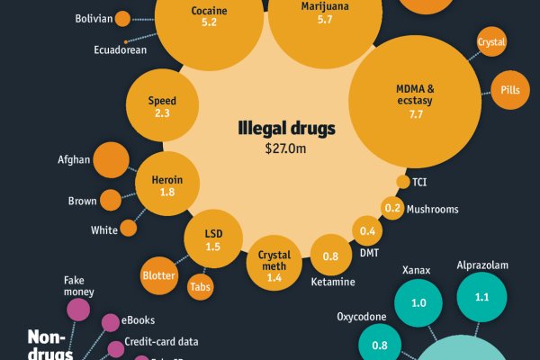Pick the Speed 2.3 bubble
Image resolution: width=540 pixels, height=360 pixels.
(162, 106)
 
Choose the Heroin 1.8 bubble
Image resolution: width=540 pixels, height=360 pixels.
(167, 185)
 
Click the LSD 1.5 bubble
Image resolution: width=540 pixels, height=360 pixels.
(212, 239)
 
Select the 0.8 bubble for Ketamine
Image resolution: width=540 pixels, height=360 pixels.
(331, 256)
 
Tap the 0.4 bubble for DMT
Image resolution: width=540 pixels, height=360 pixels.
(367, 231)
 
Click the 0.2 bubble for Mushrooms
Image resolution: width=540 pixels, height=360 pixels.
(392, 209)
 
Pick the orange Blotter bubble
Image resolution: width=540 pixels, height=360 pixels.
(158, 275)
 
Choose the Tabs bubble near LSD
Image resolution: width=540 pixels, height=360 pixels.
(200, 288)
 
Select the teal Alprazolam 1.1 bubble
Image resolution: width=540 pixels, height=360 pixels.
(481, 297)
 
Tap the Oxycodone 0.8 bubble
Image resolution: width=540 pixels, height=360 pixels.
(380, 344)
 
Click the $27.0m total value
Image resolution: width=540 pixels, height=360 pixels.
(286, 147)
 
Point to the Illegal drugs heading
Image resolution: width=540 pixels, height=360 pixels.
(286, 129)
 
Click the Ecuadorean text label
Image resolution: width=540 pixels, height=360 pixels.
(120, 50)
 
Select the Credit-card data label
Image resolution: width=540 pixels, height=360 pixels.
(161, 342)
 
